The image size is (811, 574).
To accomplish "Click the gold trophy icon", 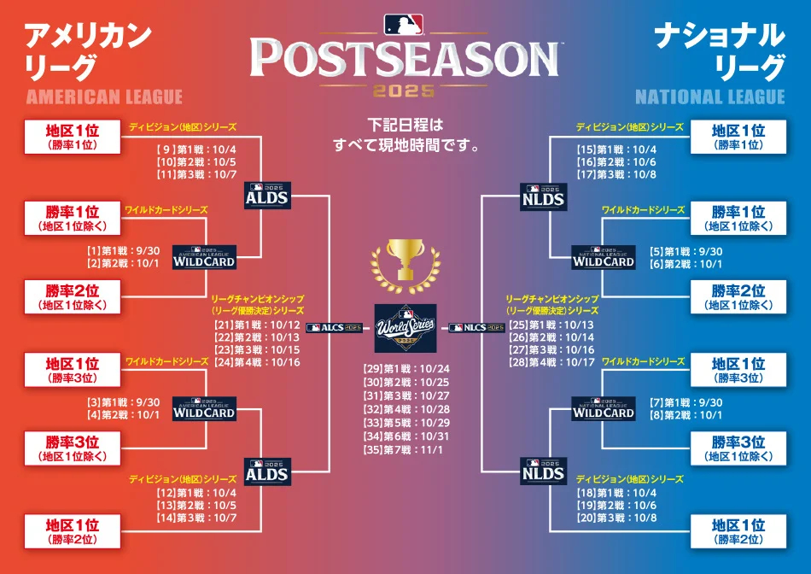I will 405,261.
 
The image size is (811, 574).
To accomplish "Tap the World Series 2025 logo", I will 405,327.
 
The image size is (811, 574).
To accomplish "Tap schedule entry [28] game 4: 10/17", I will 551,361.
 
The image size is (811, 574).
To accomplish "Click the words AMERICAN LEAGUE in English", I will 104,97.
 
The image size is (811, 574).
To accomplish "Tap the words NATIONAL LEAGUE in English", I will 709,97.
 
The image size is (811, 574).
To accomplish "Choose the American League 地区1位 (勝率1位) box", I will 72,137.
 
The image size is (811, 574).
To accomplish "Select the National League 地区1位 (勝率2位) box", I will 738,531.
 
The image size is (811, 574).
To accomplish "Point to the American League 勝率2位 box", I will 72,296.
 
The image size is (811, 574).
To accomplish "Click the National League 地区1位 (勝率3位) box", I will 738,371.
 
